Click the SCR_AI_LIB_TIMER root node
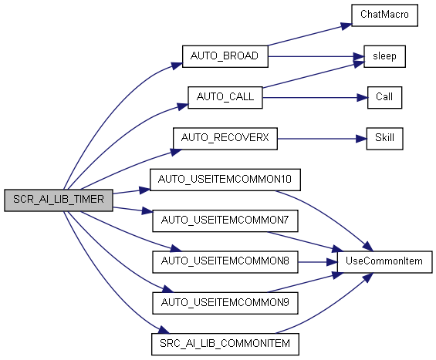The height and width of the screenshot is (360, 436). (59, 200)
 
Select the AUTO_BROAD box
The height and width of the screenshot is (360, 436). (225, 56)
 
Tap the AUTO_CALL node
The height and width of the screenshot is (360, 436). (225, 97)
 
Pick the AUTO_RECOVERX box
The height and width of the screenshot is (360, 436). (225, 139)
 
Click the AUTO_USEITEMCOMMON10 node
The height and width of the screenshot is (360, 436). (225, 180)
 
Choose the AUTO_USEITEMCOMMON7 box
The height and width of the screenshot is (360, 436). (225, 220)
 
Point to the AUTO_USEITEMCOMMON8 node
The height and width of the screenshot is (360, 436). (225, 262)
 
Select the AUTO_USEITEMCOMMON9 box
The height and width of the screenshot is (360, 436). (225, 303)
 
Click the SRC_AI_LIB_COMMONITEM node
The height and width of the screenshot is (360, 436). (225, 344)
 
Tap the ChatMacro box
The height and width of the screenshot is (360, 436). (384, 15)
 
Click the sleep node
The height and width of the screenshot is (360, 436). (384, 56)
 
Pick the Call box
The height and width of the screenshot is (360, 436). (384, 97)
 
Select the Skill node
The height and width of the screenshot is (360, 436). (384, 139)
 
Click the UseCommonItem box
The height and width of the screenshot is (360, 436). (384, 262)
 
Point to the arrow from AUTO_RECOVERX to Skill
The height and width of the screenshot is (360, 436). (322, 139)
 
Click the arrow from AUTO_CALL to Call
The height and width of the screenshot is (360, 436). (315, 97)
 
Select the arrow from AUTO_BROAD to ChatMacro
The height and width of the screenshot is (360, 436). (309, 35)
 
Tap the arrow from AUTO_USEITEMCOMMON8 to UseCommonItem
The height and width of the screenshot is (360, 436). (317, 262)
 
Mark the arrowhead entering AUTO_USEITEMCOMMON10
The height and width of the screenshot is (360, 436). (145, 190)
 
